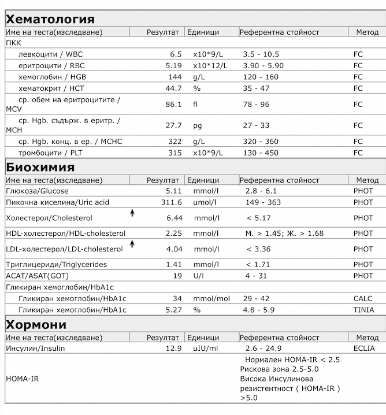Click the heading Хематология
click(50, 19)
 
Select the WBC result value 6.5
click(176, 54)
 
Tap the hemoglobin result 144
click(175, 77)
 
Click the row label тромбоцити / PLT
click(50, 153)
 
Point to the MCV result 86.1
click(173, 105)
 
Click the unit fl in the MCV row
click(196, 105)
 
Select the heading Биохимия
click(40, 168)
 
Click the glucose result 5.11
click(173, 191)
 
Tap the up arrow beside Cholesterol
click(132, 213)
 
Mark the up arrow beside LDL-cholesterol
click(132, 244)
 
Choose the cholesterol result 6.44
click(173, 218)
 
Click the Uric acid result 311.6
click(171, 202)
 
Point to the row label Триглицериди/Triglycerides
click(56, 265)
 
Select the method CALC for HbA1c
click(363, 298)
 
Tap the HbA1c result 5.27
click(173, 310)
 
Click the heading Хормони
click(36, 324)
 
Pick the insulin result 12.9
click(173, 349)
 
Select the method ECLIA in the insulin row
click(364, 349)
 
